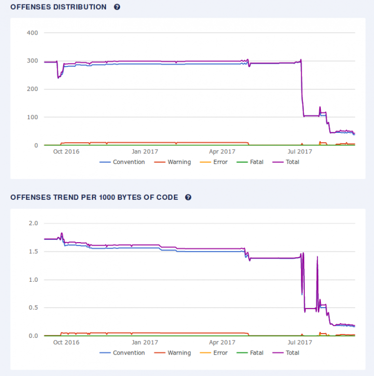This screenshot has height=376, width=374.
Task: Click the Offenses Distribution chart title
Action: coord(58,7)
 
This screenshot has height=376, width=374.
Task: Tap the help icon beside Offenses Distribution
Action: coord(117,7)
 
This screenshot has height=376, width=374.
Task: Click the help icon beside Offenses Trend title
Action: coord(188,198)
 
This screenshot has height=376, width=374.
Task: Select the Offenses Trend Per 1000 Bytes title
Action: coord(94,198)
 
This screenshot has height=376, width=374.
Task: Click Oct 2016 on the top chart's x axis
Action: coord(66,151)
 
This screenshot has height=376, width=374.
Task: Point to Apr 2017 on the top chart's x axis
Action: coord(222,151)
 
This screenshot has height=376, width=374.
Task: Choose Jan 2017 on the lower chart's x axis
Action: coord(145,342)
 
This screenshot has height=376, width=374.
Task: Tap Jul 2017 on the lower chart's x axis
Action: coord(300,342)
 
